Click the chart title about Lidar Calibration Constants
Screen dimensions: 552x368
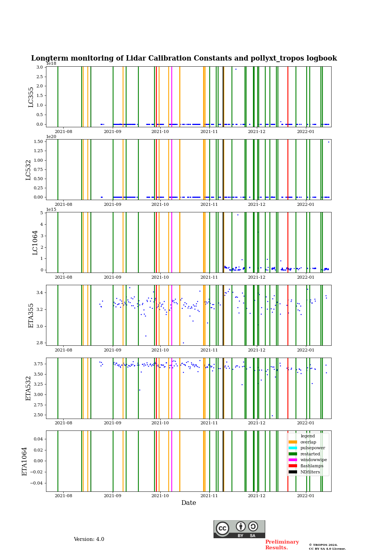(x=184, y=58)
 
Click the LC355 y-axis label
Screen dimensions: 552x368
(x=31, y=97)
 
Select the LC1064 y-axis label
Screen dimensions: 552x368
(x=35, y=243)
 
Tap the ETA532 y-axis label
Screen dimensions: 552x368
(x=28, y=388)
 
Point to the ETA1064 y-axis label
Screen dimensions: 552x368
(x=25, y=461)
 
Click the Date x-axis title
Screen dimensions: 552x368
(x=189, y=503)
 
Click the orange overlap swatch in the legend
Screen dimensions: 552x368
(x=293, y=442)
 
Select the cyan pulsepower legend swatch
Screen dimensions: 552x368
(x=293, y=448)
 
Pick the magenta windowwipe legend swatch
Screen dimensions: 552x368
(x=293, y=460)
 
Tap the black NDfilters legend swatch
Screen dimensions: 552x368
(x=293, y=472)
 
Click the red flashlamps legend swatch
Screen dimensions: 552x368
(x=293, y=466)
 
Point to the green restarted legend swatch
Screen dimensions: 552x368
(x=293, y=454)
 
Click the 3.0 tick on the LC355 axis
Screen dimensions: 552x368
(x=39, y=67)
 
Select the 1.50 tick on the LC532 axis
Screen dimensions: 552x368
(x=38, y=141)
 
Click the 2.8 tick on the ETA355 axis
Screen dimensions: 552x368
(x=39, y=343)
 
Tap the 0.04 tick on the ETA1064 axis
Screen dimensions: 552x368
(x=38, y=439)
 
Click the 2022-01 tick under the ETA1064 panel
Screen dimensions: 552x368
(x=306, y=496)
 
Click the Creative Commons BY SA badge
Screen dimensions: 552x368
(x=239, y=529)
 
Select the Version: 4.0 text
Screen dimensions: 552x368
(x=89, y=539)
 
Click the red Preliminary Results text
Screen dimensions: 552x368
(x=282, y=545)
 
